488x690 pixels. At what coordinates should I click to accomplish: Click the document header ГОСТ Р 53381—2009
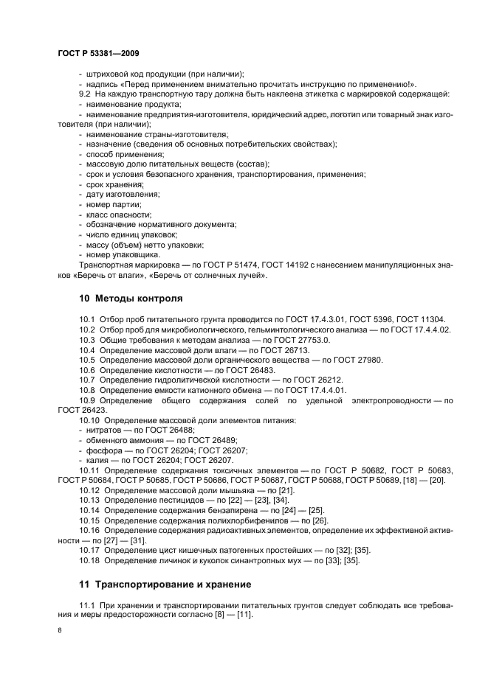click(98, 55)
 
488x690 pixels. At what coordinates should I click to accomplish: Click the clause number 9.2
click(86, 94)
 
